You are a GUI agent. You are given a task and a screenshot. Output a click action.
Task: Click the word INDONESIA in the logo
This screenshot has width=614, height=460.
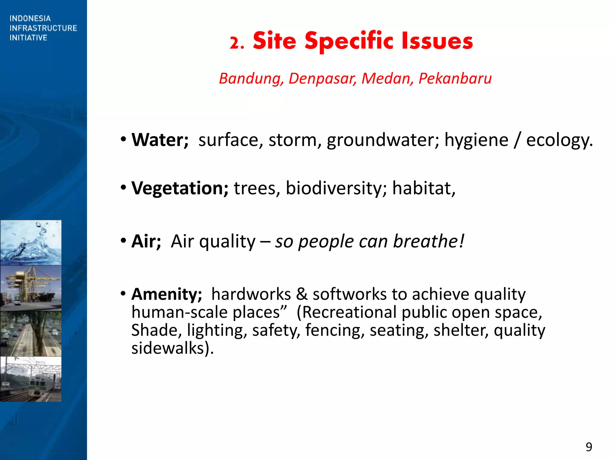click(30, 19)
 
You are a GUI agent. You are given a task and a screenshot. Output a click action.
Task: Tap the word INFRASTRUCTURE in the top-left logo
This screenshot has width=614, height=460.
click(43, 28)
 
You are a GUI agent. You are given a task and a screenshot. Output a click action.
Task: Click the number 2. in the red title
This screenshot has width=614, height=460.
click(237, 43)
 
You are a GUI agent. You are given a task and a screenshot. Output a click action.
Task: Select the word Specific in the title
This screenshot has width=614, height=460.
click(349, 41)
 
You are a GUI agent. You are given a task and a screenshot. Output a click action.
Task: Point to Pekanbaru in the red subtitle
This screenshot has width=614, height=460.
click(455, 78)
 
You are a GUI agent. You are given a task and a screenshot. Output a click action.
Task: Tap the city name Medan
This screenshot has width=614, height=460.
click(386, 78)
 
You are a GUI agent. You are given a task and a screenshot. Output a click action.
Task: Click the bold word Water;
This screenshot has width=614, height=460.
click(160, 140)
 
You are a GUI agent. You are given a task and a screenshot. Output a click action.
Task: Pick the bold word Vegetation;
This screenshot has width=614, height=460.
click(180, 188)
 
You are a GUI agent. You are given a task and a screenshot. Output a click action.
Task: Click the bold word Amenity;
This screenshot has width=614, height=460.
click(167, 294)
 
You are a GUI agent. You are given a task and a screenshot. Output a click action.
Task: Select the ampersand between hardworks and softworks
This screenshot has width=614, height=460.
click(302, 294)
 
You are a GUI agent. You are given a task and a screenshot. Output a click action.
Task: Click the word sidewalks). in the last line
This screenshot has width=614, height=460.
click(172, 348)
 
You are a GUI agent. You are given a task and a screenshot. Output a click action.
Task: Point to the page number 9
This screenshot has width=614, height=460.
click(589, 447)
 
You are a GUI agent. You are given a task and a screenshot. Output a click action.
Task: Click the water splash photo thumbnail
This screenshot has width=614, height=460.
click(31, 243)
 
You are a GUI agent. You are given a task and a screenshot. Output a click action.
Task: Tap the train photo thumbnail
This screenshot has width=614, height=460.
click(31, 379)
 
